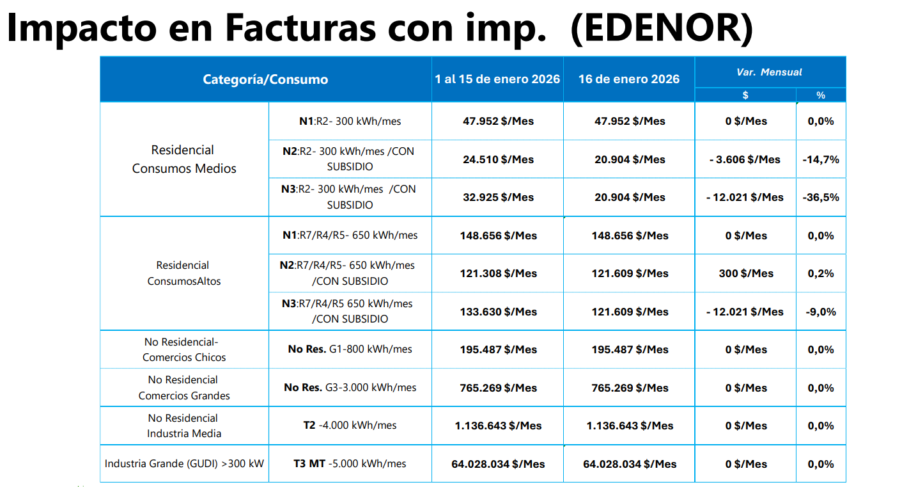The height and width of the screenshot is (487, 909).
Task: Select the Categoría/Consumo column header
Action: (265, 79)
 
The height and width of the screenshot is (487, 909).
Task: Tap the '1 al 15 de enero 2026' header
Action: (497, 79)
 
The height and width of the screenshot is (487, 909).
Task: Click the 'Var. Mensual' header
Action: (769, 72)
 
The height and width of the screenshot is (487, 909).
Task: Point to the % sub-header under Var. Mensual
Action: (821, 95)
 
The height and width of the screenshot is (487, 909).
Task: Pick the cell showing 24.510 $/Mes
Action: (498, 159)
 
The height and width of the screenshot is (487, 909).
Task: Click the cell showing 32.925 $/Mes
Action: (498, 197)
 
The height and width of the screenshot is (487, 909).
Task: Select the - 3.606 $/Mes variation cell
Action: (745, 159)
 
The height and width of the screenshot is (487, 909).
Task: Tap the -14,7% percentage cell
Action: (821, 159)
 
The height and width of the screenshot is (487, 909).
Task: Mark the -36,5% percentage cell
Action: (821, 197)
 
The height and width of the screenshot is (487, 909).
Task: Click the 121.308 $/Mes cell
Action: (498, 273)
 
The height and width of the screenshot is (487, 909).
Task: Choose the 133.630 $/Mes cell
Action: (498, 312)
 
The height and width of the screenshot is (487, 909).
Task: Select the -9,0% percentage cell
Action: (821, 312)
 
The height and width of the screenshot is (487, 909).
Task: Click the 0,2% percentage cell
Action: (821, 273)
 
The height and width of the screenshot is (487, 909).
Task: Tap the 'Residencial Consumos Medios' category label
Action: (184, 159)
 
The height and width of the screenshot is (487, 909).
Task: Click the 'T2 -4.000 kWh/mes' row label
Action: (350, 426)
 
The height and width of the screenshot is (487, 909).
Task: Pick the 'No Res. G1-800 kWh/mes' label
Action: (350, 349)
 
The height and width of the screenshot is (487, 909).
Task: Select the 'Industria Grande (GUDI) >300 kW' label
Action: (184, 463)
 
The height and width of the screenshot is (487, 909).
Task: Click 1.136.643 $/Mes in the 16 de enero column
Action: (630, 426)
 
